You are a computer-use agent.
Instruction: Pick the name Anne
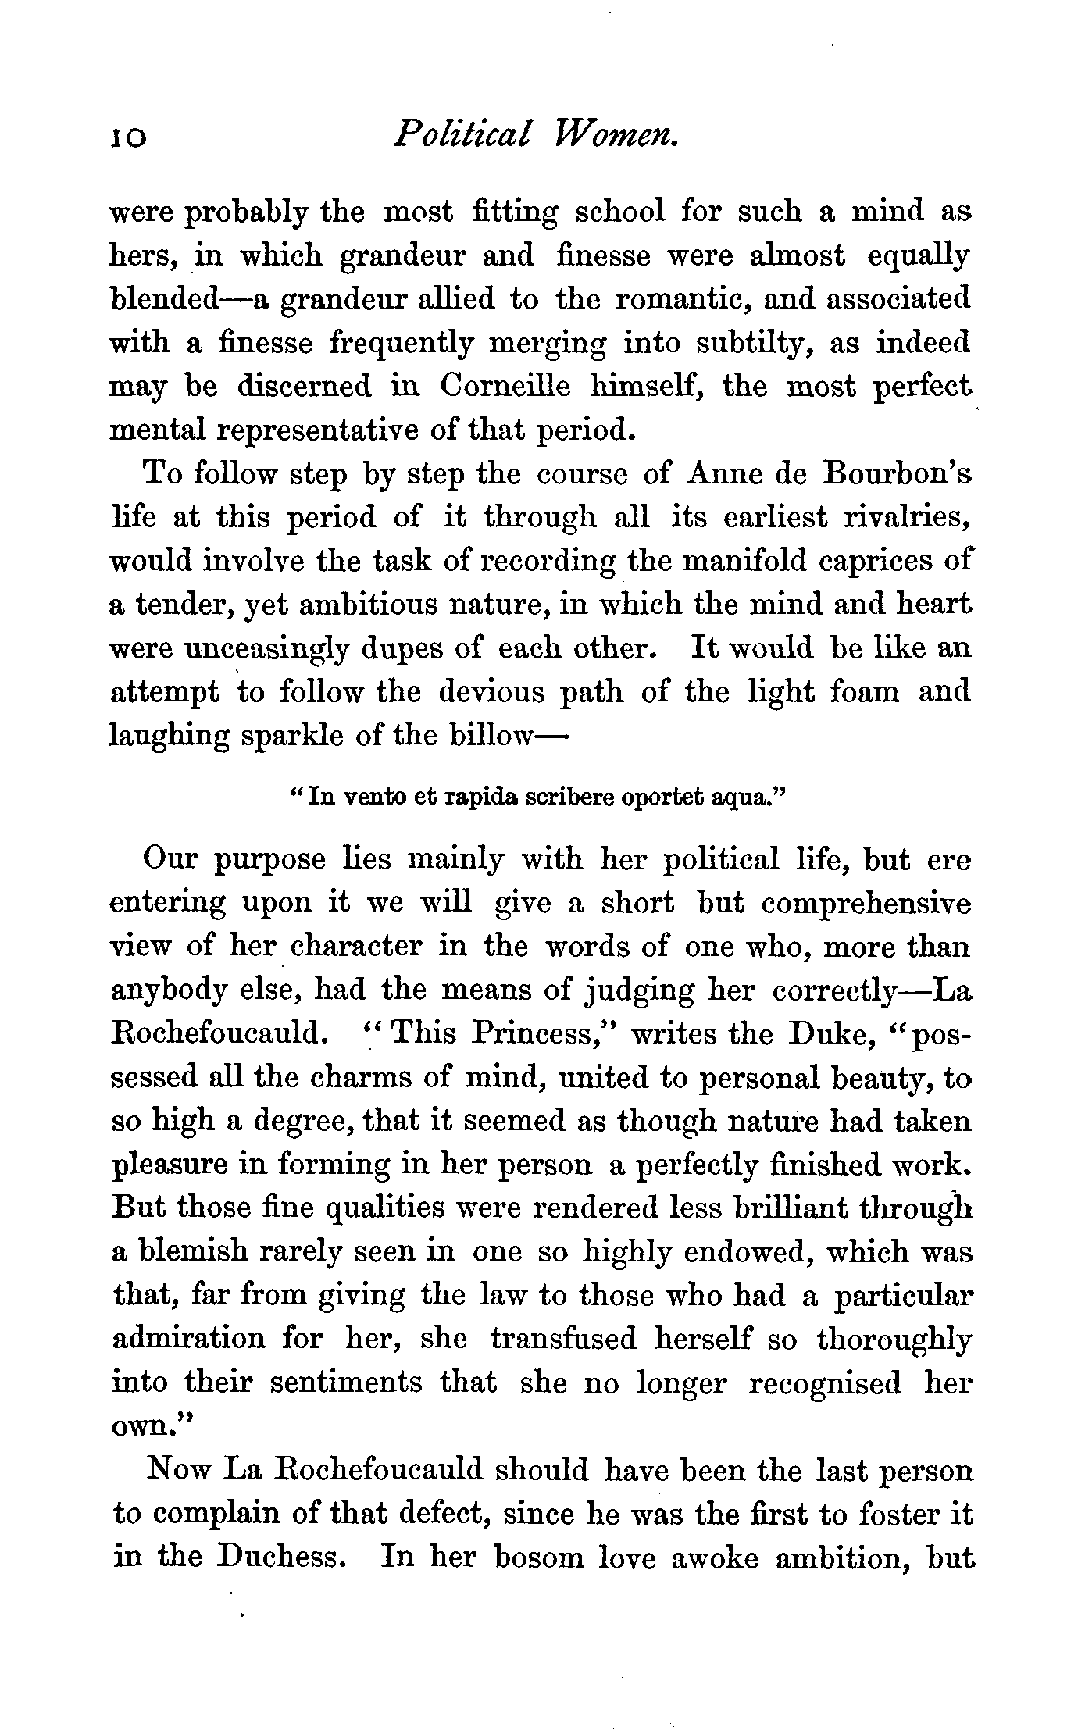719,474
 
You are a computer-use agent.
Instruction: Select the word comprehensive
866,903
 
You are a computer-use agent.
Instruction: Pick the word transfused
563,1339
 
